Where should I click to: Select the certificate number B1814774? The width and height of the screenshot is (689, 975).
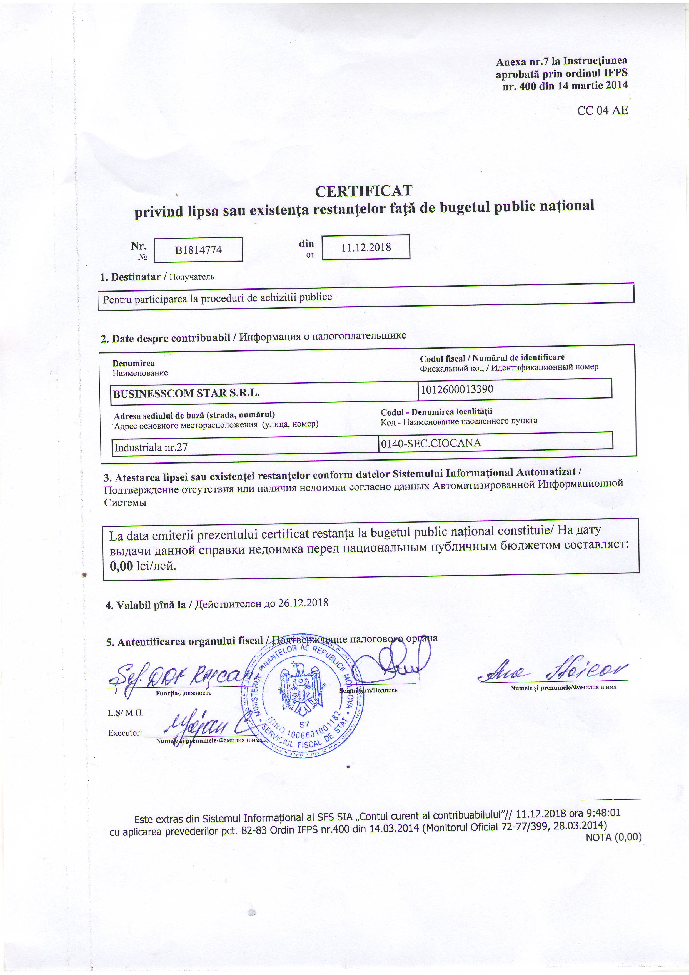point(198,250)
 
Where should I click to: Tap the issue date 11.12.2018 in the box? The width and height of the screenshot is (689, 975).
point(366,247)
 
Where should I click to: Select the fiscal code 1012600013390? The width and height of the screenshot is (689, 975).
point(456,389)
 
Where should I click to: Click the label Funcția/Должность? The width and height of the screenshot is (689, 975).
point(183,693)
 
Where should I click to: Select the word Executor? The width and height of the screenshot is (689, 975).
point(125,733)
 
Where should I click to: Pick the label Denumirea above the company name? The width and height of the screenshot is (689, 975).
point(133,363)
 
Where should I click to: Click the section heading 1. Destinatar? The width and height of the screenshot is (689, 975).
point(130,277)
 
